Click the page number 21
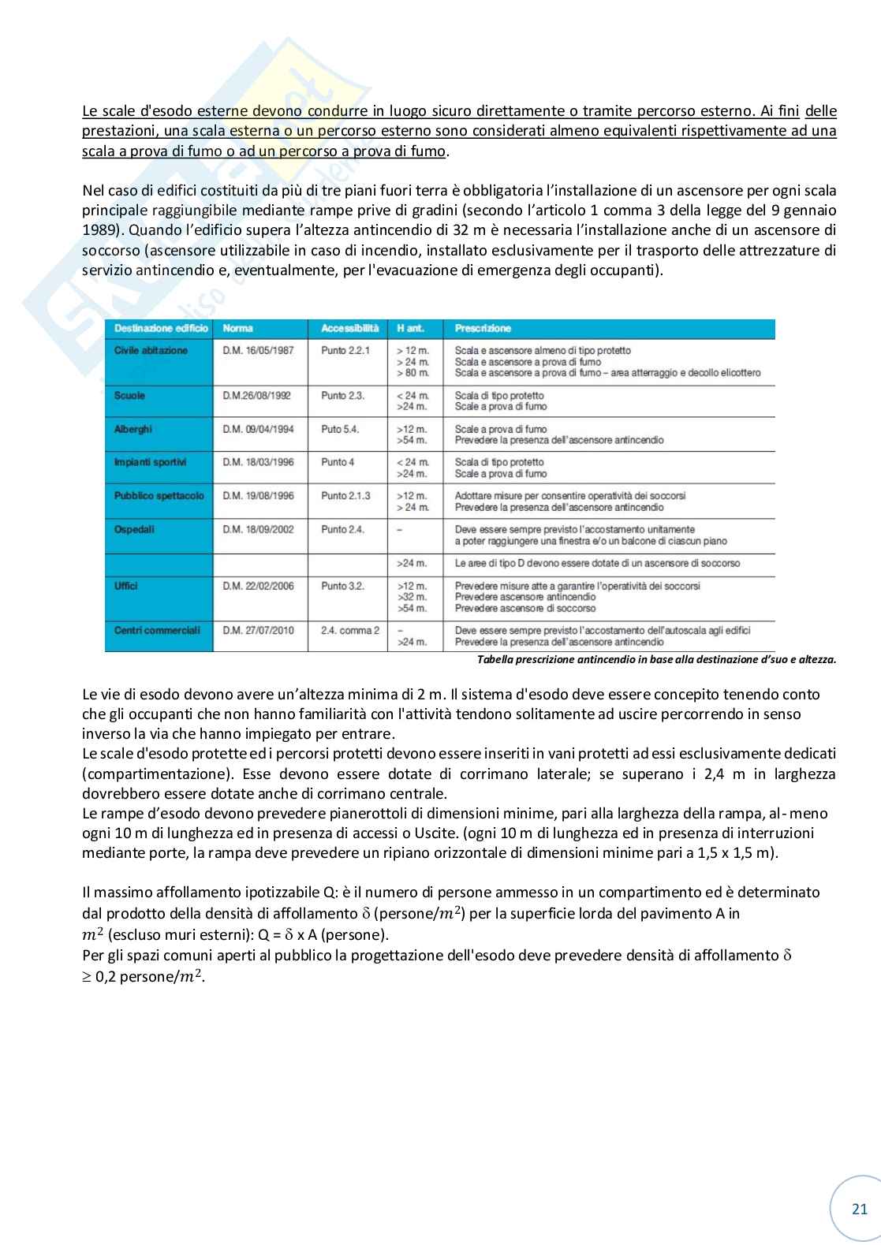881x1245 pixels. pyautogui.click(x=860, y=1209)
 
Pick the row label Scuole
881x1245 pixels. pyautogui.click(x=130, y=396)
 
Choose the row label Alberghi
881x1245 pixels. pyautogui.click(x=133, y=429)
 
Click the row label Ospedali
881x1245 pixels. pyautogui.click(x=134, y=529)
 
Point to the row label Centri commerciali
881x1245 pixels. pyautogui.click(x=158, y=630)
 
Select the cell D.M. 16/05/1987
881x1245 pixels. pyautogui.click(x=258, y=350)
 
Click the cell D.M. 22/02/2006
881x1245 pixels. pyautogui.click(x=258, y=586)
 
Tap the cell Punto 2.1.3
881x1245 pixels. pyautogui.click(x=345, y=496)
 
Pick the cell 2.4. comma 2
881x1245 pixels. pyautogui.click(x=349, y=630)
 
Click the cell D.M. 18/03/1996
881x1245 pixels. pyautogui.click(x=258, y=462)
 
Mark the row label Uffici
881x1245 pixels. pyautogui.click(x=126, y=586)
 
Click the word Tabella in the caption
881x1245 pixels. pyautogui.click(x=495, y=660)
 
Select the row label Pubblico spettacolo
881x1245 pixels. pyautogui.click(x=159, y=496)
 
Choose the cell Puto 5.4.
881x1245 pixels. pyautogui.click(x=340, y=429)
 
